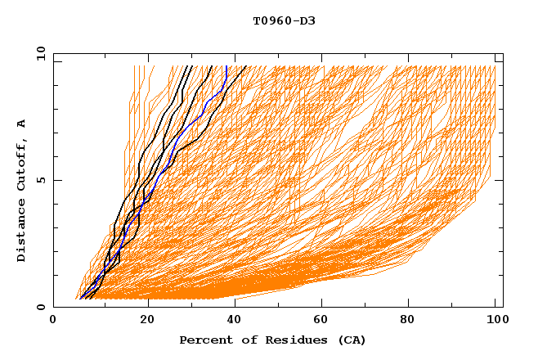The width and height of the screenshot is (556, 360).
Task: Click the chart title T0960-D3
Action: click(284, 20)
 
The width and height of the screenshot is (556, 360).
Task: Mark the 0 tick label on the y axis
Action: click(40, 308)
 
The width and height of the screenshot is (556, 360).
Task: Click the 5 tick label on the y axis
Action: click(40, 180)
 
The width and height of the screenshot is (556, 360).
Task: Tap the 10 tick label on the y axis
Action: click(38, 53)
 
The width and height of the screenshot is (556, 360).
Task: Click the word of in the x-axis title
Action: click(241, 340)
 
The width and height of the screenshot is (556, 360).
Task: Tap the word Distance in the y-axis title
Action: click(22, 231)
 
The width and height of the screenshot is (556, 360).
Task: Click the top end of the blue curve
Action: click(226, 66)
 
